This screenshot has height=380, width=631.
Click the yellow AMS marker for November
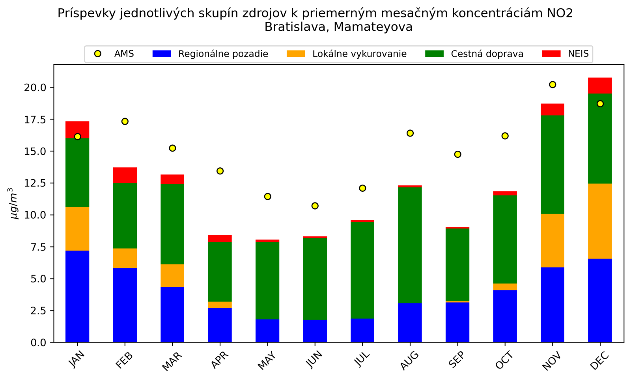(552, 84)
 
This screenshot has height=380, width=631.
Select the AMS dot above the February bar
(125, 121)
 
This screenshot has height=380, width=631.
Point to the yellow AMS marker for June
(315, 206)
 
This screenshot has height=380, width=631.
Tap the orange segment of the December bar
(599, 221)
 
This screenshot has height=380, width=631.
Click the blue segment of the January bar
(77, 296)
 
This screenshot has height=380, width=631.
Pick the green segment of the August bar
(410, 245)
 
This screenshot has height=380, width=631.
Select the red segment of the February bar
(125, 175)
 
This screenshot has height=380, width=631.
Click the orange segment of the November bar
(552, 240)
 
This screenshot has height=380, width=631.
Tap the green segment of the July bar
(362, 270)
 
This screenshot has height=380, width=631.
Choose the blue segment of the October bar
(505, 316)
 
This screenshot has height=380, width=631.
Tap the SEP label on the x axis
(457, 359)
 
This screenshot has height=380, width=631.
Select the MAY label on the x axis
(267, 360)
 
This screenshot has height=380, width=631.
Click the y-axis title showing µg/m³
(14, 203)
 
